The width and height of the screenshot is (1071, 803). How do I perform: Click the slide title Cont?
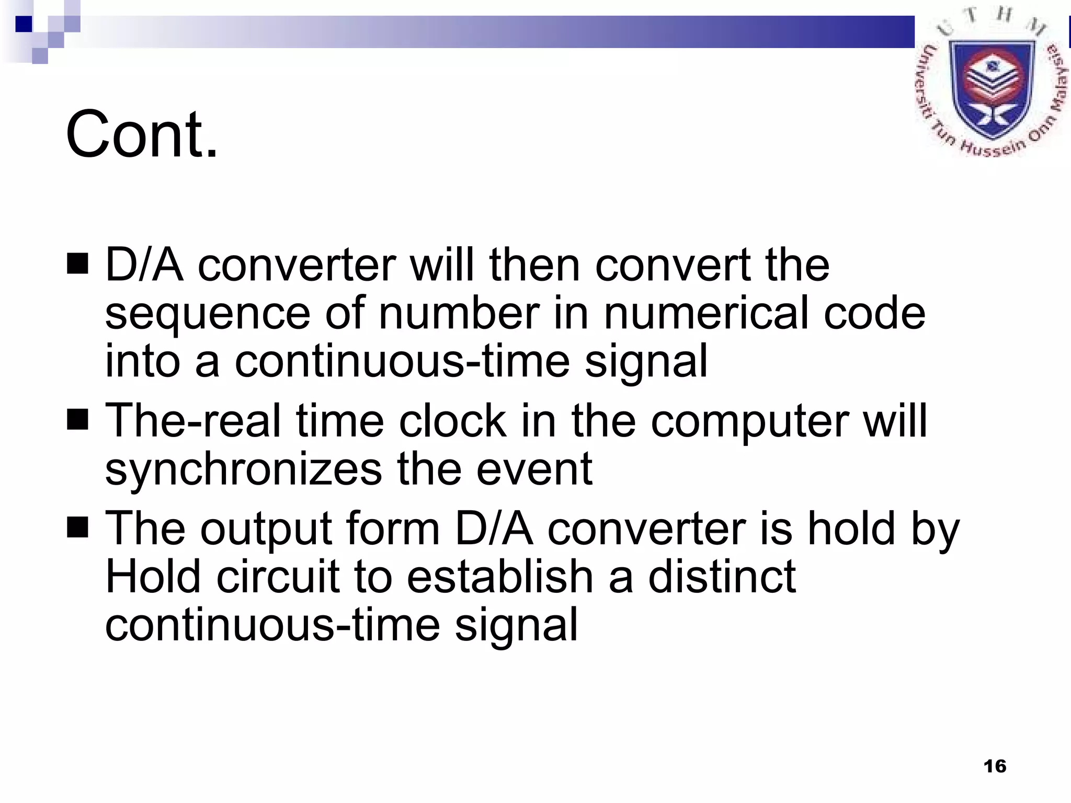pos(141,134)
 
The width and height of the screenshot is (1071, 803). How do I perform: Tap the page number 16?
pos(995,766)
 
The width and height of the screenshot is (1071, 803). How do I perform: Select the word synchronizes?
pos(244,470)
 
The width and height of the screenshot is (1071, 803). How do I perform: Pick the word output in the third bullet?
pos(267,530)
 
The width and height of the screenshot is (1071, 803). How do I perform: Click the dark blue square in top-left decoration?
pos(24,24)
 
